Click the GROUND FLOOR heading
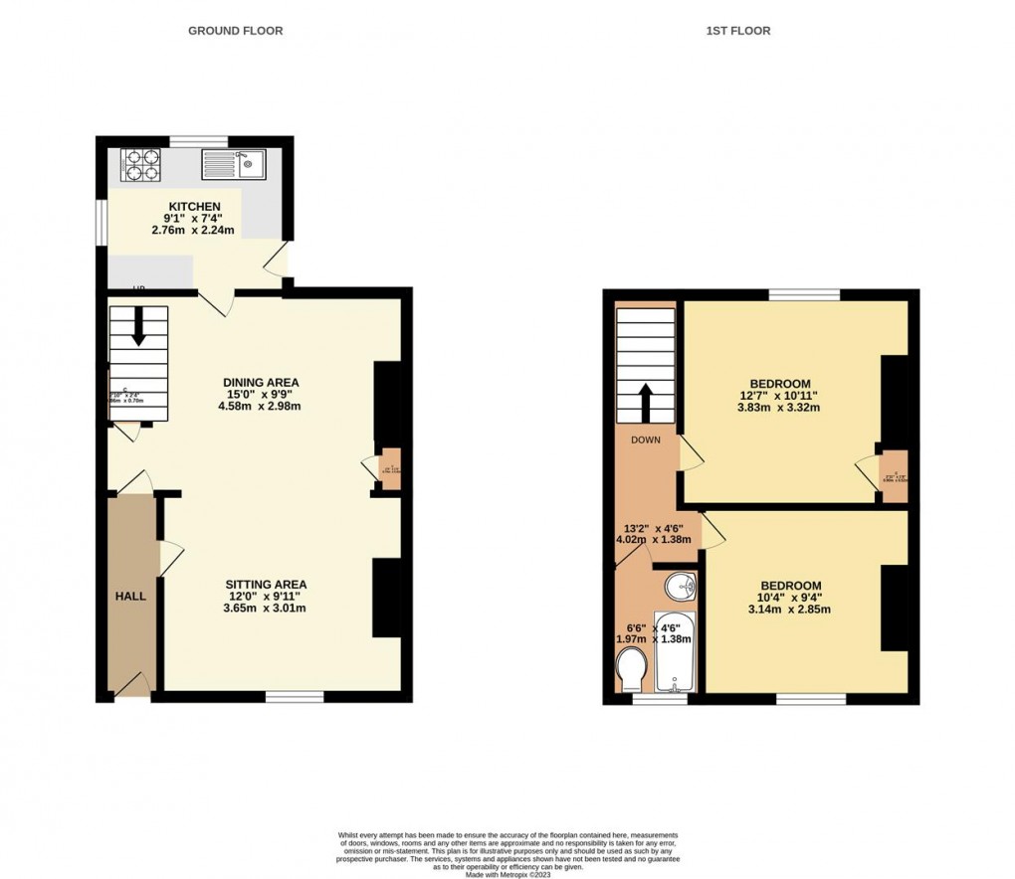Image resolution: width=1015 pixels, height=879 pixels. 236,31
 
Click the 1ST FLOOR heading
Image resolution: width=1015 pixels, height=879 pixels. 738,31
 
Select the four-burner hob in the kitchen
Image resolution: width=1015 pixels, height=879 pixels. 140,164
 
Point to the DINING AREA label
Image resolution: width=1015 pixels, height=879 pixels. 261,383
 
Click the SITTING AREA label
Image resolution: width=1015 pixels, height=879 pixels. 265,585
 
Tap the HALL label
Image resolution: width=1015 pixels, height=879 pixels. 129,597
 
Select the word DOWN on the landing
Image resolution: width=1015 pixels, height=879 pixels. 645,439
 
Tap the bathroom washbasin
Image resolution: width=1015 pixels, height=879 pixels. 679,586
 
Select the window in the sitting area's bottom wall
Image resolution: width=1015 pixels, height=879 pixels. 295,697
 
